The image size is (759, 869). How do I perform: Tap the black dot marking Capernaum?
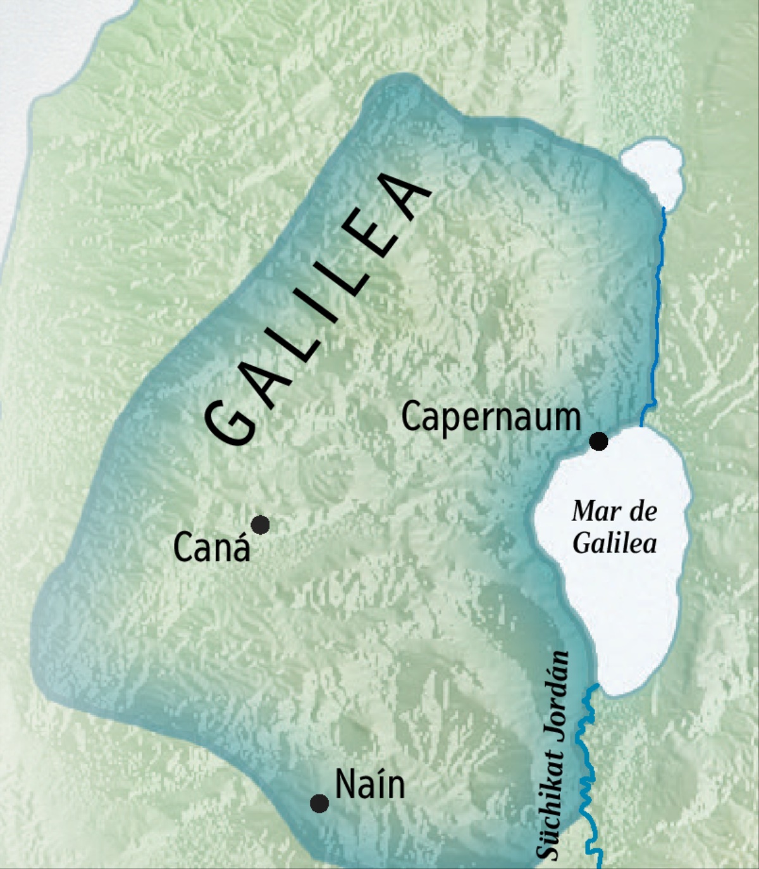pyautogui.click(x=598, y=441)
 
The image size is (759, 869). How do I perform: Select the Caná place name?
pyautogui.click(x=211, y=548)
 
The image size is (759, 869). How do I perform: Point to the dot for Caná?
pyautogui.click(x=260, y=525)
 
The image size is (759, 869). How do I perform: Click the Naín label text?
pyautogui.click(x=370, y=785)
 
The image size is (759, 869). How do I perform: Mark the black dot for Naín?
pyautogui.click(x=319, y=804)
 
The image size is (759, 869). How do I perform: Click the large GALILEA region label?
pyautogui.click(x=316, y=310)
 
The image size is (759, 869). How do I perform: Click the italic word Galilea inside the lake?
pyautogui.click(x=614, y=544)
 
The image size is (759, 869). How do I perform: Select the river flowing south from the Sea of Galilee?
pyautogui.click(x=588, y=760)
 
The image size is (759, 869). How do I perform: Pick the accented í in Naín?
pyautogui.click(x=375, y=785)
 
